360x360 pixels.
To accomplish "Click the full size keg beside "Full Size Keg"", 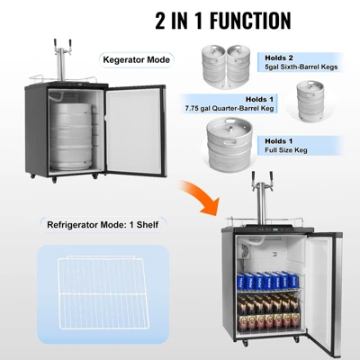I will pyautogui.click(x=228, y=147).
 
